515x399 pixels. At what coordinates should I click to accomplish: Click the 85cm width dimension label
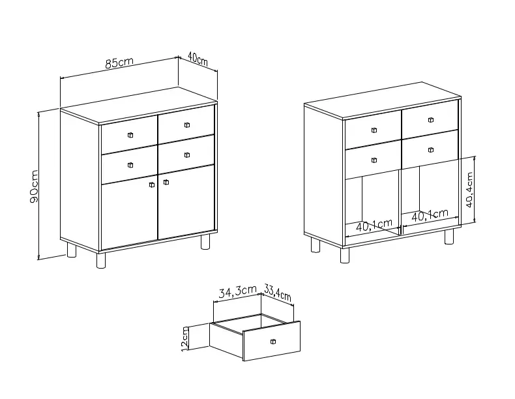point(119,63)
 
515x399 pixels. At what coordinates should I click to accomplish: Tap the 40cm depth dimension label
point(198,58)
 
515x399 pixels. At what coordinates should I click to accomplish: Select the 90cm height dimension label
point(34,186)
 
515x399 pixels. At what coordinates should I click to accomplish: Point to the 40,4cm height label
point(469,190)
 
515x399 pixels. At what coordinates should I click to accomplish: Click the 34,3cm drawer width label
point(237,291)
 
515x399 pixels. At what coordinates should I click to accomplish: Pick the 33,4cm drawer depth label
point(278,293)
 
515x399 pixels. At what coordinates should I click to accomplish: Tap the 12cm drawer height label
point(185,338)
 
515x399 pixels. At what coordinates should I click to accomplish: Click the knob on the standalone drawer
point(273,342)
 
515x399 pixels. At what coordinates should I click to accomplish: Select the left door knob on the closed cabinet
point(152,185)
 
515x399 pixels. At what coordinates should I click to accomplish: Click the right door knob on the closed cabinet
point(166,182)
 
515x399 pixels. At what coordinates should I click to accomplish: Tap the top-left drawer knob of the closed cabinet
point(130,135)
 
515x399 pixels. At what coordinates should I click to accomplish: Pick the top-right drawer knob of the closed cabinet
point(187,125)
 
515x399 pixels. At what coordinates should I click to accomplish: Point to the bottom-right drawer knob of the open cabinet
point(431,150)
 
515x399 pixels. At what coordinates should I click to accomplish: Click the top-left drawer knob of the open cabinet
point(374,130)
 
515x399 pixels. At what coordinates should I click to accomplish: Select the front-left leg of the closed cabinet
point(101,260)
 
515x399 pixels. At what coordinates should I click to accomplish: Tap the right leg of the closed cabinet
point(205,241)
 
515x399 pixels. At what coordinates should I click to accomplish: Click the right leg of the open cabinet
point(449,237)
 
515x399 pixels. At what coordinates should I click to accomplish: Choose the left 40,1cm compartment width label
point(374,225)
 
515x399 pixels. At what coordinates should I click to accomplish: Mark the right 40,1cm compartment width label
point(430,214)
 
